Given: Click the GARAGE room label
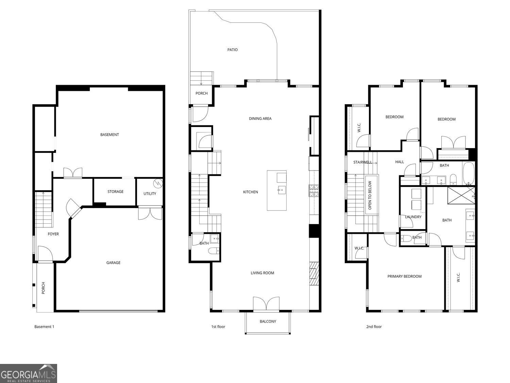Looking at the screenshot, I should pos(113,262).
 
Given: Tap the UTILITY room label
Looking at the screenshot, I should pos(150,194).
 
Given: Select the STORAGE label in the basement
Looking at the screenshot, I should pos(115,192).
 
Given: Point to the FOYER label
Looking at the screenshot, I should pos(53,234).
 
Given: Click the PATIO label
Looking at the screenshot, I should pos(233,50).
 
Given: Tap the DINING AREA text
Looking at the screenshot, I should pos(260,118).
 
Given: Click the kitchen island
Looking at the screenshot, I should pos(276,191).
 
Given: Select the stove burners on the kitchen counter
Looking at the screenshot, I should pos(314,191).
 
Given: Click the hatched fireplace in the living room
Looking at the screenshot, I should pos(314,274).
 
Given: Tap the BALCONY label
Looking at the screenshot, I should pos(268,321).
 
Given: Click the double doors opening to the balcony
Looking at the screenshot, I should pos(266,304).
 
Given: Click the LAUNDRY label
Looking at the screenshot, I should pos(413,217).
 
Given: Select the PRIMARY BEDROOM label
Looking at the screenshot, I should pos(404,276).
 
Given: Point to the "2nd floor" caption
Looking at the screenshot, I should pos(374,327).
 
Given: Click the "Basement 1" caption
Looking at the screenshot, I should pos(44,327).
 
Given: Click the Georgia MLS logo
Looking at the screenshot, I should pos(28,373).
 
